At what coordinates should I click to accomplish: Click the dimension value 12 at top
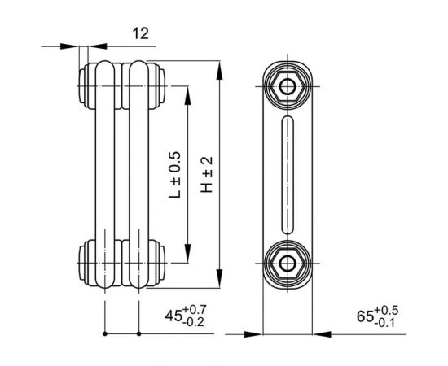[x=140, y=33]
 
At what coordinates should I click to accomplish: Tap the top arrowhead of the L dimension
[x=189, y=89]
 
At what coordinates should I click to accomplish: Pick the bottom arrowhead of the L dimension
[x=189, y=257]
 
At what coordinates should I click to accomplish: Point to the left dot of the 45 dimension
[x=105, y=333]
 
